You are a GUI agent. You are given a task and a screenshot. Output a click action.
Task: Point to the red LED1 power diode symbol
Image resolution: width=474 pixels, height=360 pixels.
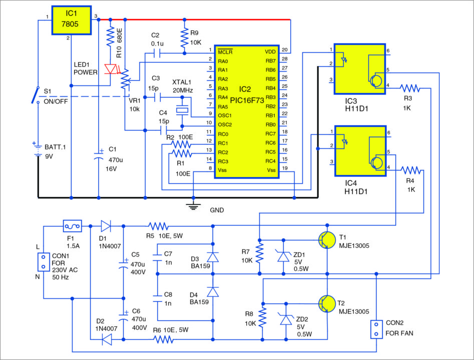coord(111,69)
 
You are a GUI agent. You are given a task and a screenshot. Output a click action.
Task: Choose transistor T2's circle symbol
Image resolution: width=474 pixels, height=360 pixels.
coord(327,303)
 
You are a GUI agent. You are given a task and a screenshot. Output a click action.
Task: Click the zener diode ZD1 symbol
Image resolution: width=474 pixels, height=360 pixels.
coord(283,256)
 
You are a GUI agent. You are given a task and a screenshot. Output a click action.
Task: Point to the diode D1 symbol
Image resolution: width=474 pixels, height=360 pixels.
coord(105,225)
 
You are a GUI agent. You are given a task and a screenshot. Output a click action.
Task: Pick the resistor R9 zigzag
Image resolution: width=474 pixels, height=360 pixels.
coord(184,35)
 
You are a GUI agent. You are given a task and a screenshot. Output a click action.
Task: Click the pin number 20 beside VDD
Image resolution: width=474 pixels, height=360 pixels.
coord(284,50)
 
